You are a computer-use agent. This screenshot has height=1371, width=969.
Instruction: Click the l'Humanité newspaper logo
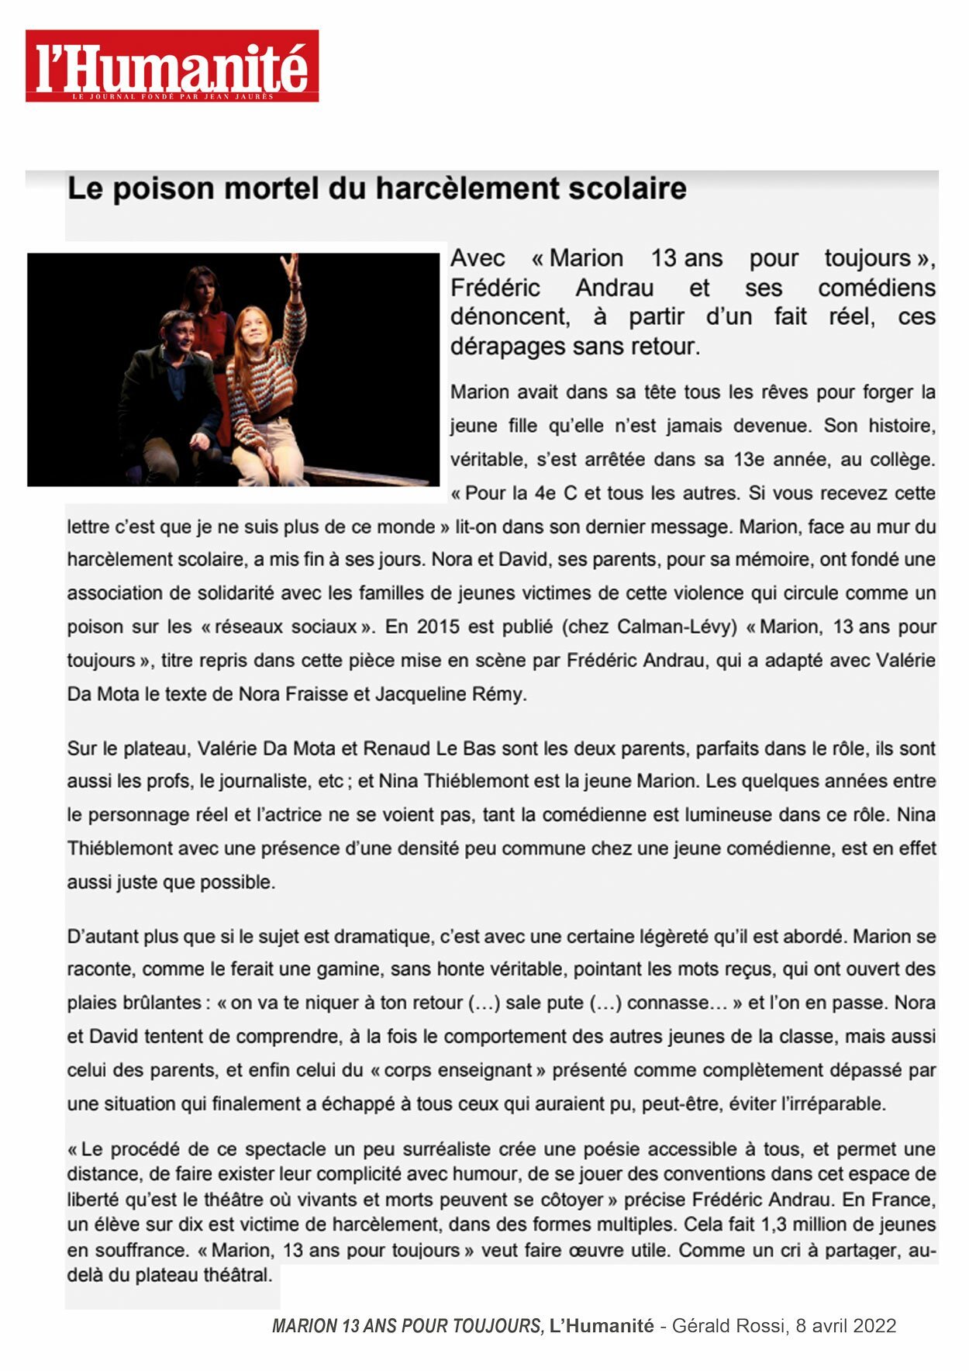click(172, 66)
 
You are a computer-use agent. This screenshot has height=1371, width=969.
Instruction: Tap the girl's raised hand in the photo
click(291, 266)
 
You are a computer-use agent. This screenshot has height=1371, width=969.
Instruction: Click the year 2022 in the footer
click(874, 1326)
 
